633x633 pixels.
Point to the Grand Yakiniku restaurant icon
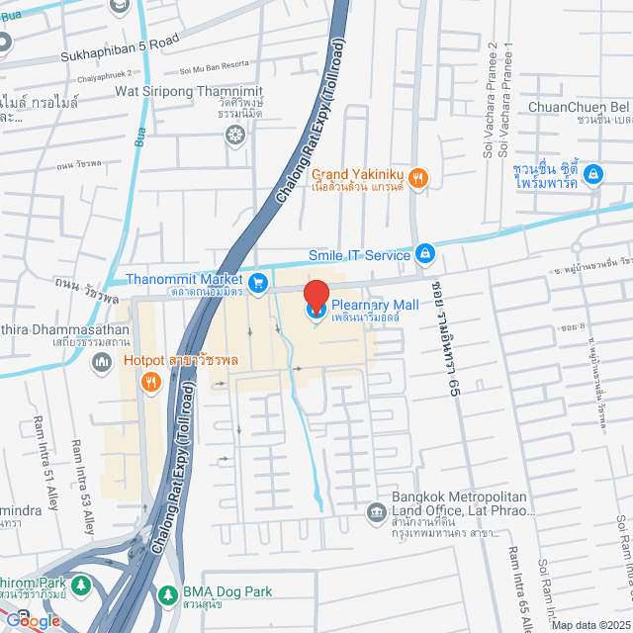pos(419,178)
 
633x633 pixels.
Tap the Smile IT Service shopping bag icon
pos(424,254)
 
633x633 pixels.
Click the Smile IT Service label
pos(358,255)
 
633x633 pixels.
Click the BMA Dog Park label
pos(226,591)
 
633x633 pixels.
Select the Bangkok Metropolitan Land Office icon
pos(376,511)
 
